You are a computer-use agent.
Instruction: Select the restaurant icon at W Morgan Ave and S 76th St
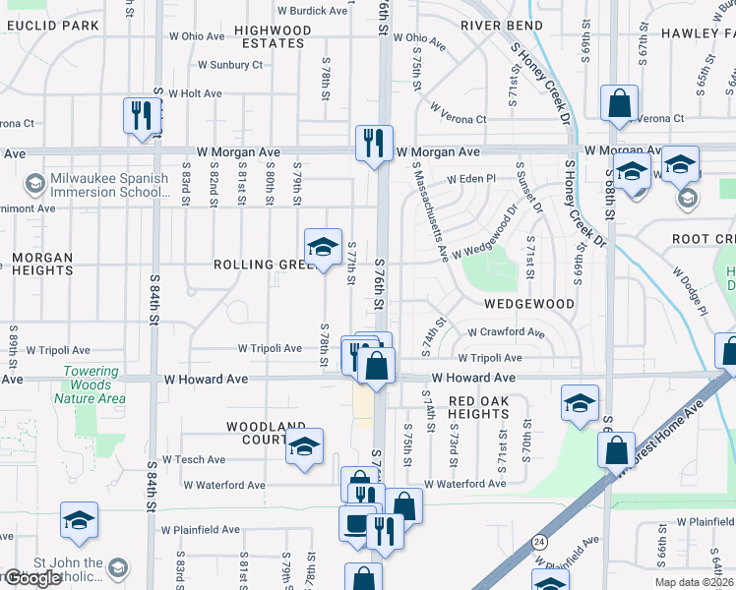374,143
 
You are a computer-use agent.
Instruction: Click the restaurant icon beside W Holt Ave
142,113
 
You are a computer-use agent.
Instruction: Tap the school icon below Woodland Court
304,446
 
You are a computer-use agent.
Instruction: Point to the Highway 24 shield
539,541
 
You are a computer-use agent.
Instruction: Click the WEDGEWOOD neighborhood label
527,305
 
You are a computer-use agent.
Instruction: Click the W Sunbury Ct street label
230,66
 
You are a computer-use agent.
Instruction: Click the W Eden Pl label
473,180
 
